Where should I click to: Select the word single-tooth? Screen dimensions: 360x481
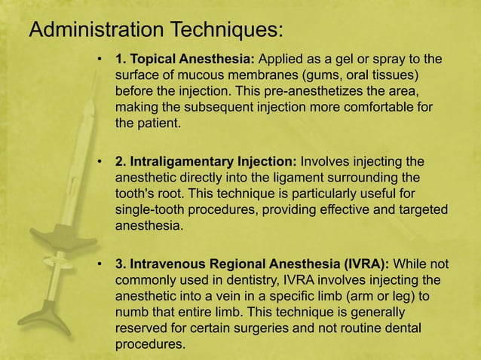[148, 209]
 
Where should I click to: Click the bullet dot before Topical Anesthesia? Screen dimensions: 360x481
[99, 59]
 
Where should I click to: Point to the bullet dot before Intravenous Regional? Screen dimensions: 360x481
[99, 264]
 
